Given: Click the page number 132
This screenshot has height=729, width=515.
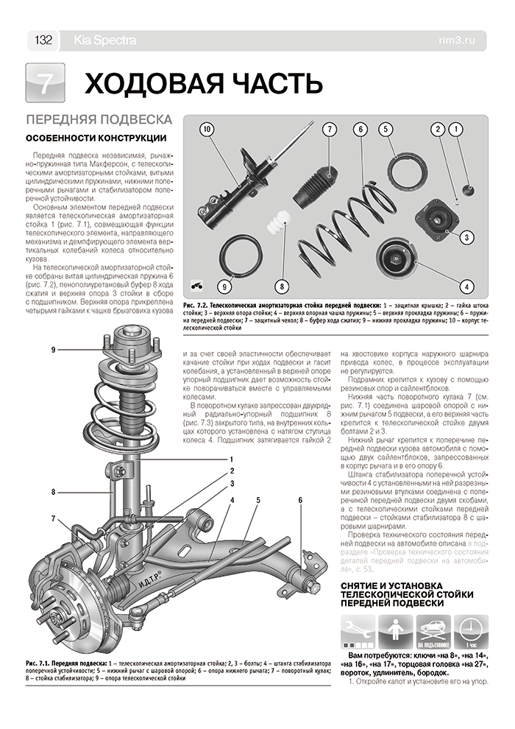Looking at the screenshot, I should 42,40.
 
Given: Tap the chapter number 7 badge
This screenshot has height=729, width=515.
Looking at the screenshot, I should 46,83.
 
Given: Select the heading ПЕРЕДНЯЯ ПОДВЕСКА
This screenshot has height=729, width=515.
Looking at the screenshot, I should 99,120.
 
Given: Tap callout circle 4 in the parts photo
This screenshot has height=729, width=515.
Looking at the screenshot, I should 466,285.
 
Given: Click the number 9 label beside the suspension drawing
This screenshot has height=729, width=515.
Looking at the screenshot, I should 54,349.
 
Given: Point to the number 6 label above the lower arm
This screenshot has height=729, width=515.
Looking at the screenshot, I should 300,501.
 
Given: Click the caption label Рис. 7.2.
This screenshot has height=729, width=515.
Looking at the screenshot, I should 209,303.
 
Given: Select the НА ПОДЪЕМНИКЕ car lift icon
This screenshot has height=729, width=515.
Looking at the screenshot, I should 434,631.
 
